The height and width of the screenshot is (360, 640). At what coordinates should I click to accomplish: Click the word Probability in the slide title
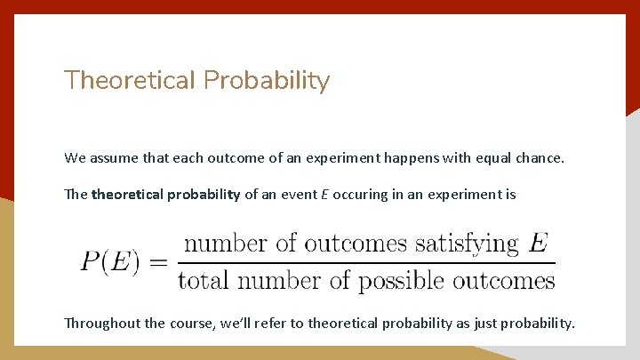(x=267, y=82)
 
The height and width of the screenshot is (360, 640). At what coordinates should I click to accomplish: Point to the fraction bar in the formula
(x=366, y=262)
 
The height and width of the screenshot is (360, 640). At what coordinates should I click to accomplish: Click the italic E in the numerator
(x=538, y=243)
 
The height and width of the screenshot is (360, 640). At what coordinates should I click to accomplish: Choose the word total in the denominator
(x=202, y=282)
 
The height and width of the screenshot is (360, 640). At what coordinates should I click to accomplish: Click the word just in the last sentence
(x=484, y=323)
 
